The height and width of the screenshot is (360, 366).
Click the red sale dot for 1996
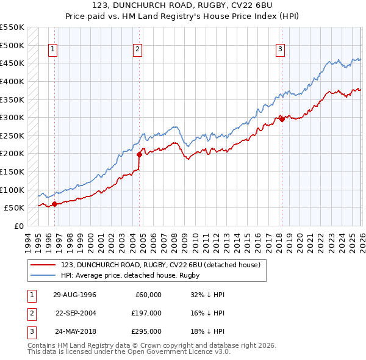[54, 204]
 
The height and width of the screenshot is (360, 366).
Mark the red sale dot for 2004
[139, 154]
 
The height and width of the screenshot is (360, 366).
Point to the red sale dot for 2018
[281, 120]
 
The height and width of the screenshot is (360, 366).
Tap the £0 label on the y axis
[18, 226]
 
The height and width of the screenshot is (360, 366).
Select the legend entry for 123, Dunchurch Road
[161, 265]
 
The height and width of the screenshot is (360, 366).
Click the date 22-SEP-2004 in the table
[76, 313]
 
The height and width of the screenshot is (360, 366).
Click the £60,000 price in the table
[148, 295]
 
